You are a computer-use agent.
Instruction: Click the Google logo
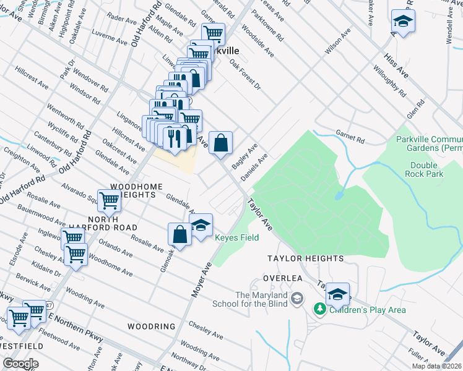(20, 364)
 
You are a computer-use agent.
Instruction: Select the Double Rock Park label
(426, 169)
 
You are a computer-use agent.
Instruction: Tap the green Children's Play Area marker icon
(319, 309)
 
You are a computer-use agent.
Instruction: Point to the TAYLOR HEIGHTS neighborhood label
(305, 258)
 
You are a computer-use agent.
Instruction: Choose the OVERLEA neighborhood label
(282, 278)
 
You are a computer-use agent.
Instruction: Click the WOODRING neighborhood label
(152, 326)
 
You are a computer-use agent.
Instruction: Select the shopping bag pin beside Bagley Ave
(220, 143)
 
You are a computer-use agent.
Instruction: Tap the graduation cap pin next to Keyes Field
(201, 226)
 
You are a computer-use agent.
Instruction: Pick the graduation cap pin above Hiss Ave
(403, 22)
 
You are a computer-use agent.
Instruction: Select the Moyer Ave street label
(202, 278)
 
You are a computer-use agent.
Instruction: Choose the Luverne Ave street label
(108, 38)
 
